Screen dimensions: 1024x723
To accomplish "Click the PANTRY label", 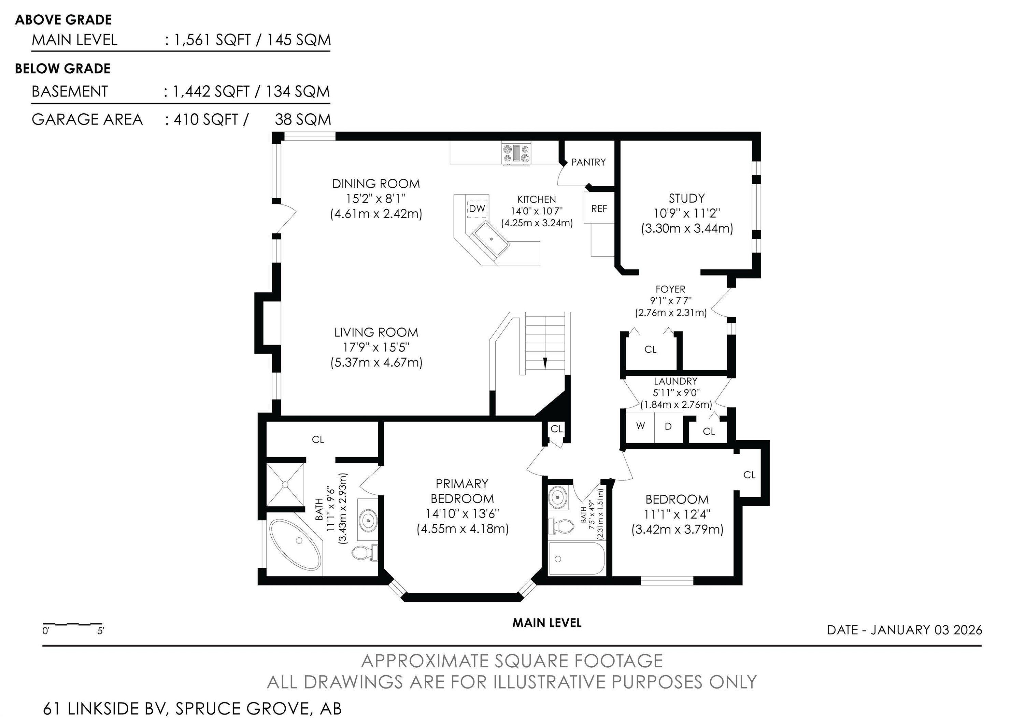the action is tap(588, 162).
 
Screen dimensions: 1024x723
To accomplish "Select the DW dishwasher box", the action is tap(477, 208).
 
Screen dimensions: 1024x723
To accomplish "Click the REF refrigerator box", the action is tap(599, 208).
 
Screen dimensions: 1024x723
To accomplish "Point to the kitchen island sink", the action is tap(490, 240).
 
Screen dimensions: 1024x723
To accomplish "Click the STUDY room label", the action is tap(687, 198).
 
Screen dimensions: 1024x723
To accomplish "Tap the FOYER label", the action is tap(670, 289).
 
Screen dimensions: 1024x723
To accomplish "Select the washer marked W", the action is tap(640, 426).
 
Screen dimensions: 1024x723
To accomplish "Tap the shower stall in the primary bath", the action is tap(285, 485).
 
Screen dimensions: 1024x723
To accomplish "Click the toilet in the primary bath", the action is tap(365, 553).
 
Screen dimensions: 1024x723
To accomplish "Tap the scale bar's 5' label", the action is tap(101, 631).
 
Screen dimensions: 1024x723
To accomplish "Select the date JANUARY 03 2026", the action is tap(926, 630).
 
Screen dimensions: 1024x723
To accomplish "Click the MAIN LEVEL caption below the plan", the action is tap(547, 623).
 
